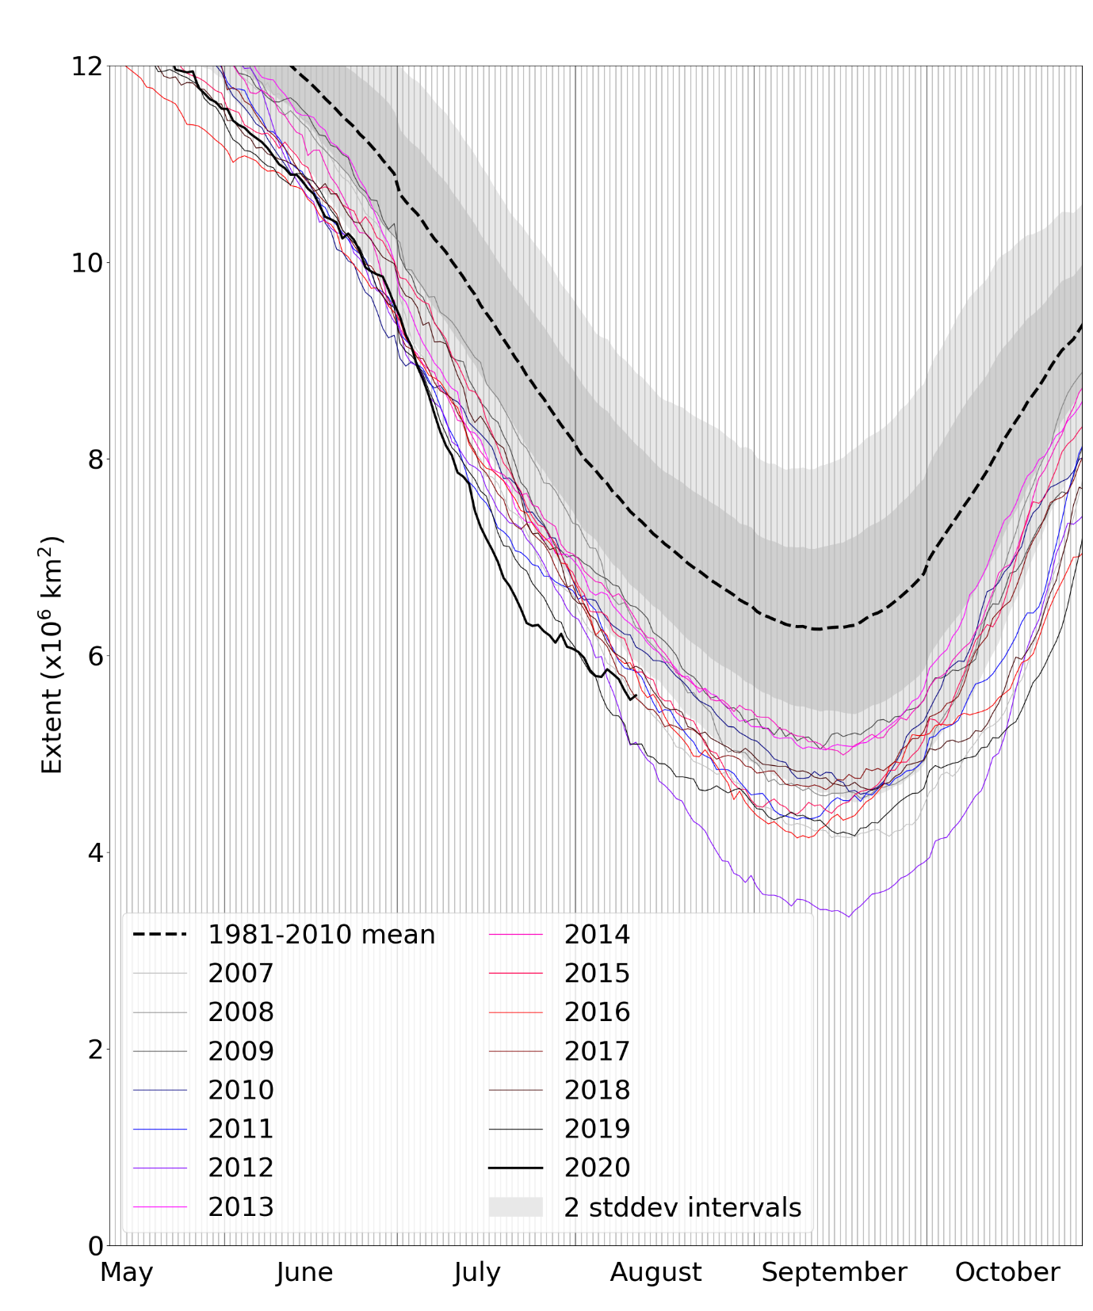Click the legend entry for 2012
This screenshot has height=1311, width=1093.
(x=241, y=1167)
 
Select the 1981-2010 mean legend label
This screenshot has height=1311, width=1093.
(x=321, y=934)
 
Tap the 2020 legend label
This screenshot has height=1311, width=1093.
(x=597, y=1167)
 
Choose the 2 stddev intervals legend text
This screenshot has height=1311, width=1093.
(x=682, y=1206)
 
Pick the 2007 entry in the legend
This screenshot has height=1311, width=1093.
(x=241, y=973)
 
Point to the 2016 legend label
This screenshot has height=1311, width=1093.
(x=597, y=1012)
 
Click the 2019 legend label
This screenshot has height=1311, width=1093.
(x=597, y=1128)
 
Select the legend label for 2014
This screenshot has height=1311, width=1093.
(x=597, y=934)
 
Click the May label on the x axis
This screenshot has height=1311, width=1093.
(x=126, y=1272)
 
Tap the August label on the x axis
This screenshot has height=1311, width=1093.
(x=655, y=1272)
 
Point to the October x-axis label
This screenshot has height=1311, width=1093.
(x=1007, y=1272)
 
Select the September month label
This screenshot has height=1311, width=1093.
(x=834, y=1272)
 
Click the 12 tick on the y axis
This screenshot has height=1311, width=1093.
(x=87, y=66)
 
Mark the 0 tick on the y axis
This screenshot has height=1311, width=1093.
(x=95, y=1246)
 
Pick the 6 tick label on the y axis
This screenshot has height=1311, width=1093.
(x=95, y=656)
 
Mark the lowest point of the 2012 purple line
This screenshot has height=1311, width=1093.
(x=849, y=917)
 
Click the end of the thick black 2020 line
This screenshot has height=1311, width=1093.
(x=636, y=696)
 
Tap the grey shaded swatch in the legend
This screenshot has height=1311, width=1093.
(x=515, y=1206)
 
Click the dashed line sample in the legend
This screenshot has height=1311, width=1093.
(x=160, y=934)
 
